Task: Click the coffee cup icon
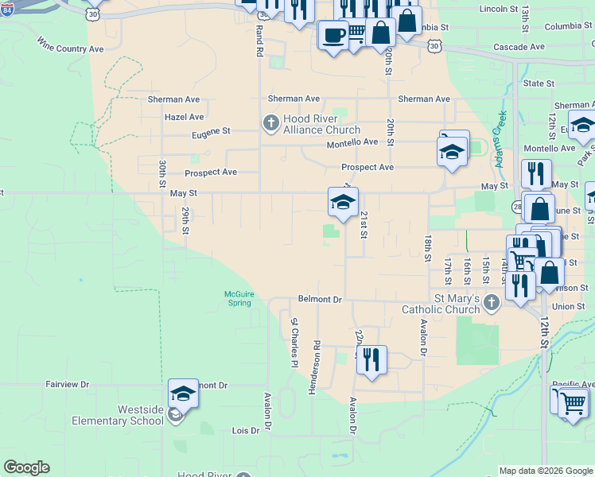point(332,35)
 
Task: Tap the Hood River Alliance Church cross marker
point(270,122)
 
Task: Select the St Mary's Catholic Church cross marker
point(492,301)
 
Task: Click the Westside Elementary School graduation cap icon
point(183,393)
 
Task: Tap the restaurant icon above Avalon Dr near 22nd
point(371,359)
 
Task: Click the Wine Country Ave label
point(70,48)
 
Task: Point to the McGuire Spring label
point(239,298)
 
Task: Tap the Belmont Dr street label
point(319,300)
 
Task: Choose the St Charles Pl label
point(294,342)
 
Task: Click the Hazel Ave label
point(185,117)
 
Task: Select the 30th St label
point(161,176)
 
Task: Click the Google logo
point(26,467)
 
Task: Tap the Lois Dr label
point(245,430)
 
